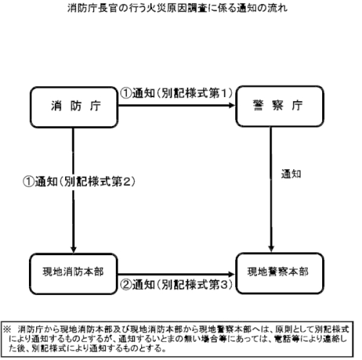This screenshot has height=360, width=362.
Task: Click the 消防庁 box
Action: (x=74, y=107)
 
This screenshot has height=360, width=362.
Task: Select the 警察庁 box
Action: (x=279, y=106)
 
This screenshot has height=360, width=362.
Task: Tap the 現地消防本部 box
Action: (x=74, y=274)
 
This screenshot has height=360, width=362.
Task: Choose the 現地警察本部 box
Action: (x=279, y=273)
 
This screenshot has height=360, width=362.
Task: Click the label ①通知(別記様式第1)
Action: (x=176, y=93)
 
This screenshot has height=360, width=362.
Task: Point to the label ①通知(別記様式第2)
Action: (x=79, y=182)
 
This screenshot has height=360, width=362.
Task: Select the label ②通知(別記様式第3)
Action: (x=176, y=285)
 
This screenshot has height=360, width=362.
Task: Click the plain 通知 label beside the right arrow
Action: (x=291, y=174)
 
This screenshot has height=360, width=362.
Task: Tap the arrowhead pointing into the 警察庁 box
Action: (x=232, y=106)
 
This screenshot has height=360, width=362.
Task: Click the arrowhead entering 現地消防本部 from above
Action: (x=74, y=250)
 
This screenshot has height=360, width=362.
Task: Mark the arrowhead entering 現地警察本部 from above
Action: (x=271, y=249)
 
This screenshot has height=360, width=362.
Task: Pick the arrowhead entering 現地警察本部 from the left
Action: (x=232, y=274)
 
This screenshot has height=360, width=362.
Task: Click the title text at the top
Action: (x=177, y=8)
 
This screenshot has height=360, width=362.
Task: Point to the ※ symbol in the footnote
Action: (x=7, y=329)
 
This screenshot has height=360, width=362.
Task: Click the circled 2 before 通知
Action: (x=126, y=285)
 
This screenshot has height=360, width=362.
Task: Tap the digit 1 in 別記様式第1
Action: (x=224, y=93)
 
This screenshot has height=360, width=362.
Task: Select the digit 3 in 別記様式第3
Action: (x=223, y=285)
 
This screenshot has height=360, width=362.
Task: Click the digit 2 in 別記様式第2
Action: (x=126, y=182)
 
